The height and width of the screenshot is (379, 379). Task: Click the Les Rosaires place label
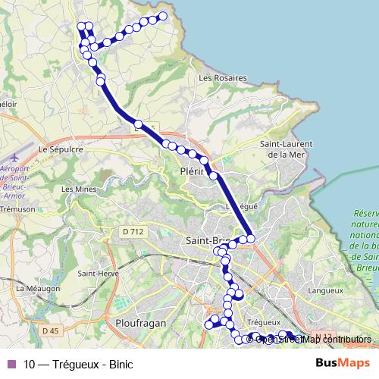(222, 77)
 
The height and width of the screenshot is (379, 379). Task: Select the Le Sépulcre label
(60, 150)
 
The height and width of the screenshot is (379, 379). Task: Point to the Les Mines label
(77, 189)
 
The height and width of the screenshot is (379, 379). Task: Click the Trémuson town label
(17, 208)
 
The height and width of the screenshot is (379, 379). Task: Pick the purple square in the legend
(11, 363)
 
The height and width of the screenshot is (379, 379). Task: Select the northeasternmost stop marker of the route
(162, 16)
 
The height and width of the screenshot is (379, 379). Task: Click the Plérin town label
(195, 172)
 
